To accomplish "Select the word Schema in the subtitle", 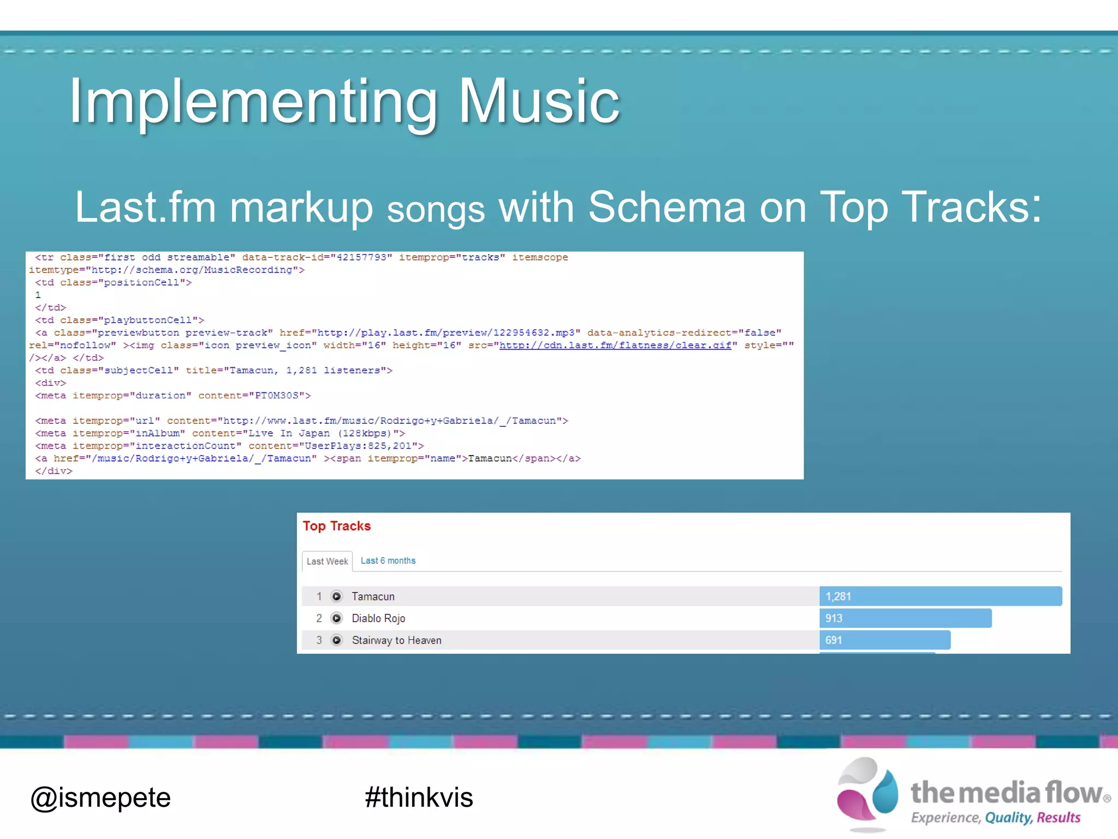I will [x=667, y=208].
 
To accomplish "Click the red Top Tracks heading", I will [x=336, y=526].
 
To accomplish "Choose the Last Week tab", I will [x=327, y=561].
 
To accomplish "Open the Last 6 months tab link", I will [x=388, y=560].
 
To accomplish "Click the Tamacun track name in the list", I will [x=373, y=596].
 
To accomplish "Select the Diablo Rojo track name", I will [x=378, y=618].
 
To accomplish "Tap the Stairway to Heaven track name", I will [x=396, y=640].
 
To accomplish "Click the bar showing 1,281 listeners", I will [x=940, y=596].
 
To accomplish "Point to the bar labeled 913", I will [x=905, y=618].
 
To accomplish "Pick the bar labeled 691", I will [x=884, y=640].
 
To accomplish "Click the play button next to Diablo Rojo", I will [x=337, y=618].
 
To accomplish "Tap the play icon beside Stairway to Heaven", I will [x=337, y=640].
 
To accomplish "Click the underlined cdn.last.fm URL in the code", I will [x=615, y=345].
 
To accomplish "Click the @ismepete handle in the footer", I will [x=100, y=797].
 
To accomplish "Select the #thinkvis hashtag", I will [x=419, y=797].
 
